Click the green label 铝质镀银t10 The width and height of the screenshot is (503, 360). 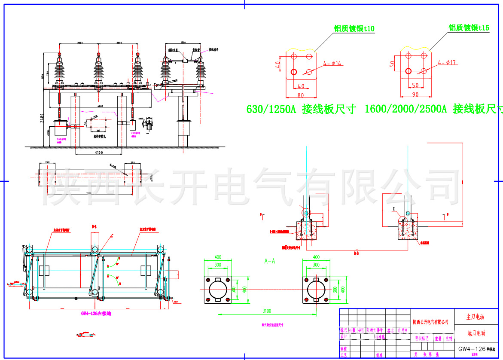pos(354,29)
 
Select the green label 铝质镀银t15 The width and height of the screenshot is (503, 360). pos(469,28)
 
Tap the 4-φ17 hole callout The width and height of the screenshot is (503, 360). pos(446,63)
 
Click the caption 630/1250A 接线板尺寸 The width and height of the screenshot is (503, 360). pos(301,109)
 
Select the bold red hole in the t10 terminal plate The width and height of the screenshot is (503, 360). pos(294,71)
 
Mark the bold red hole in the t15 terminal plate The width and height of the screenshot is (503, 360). pos(408,71)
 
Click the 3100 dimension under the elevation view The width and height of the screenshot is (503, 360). pos(98,152)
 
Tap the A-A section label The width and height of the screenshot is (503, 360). pos(270,261)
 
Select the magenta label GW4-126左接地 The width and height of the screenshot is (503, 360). pos(96,314)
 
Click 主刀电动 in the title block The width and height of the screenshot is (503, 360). pos(475,317)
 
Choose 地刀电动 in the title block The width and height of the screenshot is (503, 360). pos(475,333)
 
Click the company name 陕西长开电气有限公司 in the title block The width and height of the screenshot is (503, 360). pos(431,322)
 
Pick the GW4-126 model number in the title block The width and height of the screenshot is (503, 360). pos(472,349)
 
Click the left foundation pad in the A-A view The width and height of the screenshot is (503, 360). pos(217,290)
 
